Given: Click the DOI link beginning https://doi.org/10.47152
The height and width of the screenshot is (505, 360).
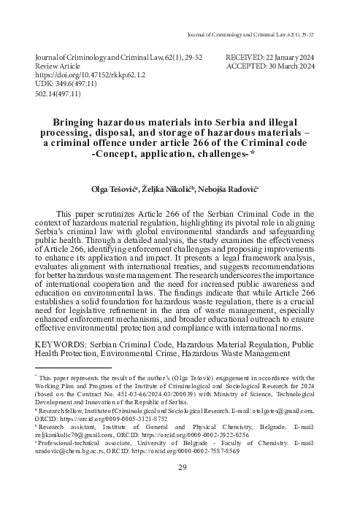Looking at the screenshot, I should (85, 74).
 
